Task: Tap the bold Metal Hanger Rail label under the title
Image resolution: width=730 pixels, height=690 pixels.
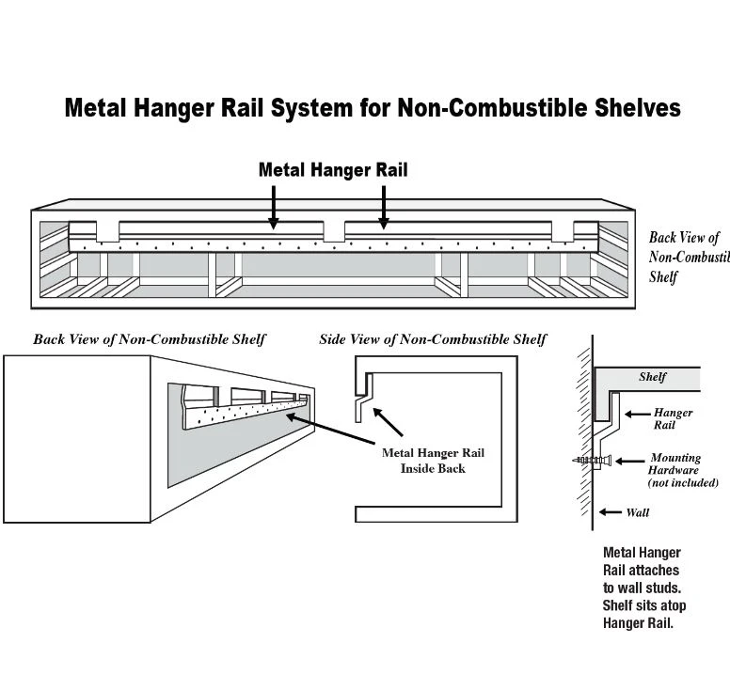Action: [333, 170]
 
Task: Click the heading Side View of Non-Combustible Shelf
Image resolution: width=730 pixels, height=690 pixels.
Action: [433, 338]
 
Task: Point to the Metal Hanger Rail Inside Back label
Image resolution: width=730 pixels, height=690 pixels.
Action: [433, 461]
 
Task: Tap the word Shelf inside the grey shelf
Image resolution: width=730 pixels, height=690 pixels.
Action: [652, 377]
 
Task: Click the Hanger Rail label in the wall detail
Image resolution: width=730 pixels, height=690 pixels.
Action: [673, 418]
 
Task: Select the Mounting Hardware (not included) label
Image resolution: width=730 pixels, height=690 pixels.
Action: [684, 470]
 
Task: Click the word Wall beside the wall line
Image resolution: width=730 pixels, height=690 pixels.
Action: [637, 512]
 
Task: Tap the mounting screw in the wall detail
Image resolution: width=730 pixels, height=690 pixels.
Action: [591, 461]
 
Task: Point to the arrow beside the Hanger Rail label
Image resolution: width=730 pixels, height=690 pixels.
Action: [638, 413]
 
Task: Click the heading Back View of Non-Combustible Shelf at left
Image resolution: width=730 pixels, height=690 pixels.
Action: [150, 338]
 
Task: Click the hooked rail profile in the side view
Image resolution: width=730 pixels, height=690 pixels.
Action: [363, 400]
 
